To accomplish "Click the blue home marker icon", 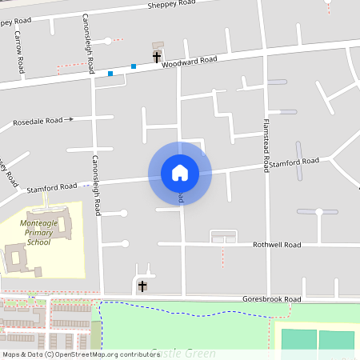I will [180, 172].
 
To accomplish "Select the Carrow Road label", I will [19, 54].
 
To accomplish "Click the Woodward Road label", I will [190, 60].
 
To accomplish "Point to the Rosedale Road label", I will [38, 122].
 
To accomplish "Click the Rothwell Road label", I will [276, 244].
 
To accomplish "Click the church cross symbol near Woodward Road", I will [157, 56].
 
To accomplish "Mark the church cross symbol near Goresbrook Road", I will [142, 286].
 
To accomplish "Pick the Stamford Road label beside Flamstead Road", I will [293, 162].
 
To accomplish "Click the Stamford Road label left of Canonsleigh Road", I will [51, 187].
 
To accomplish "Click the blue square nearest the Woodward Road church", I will [134, 66].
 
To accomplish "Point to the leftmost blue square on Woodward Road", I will [110, 74].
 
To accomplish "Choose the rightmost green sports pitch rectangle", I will [336, 340].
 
